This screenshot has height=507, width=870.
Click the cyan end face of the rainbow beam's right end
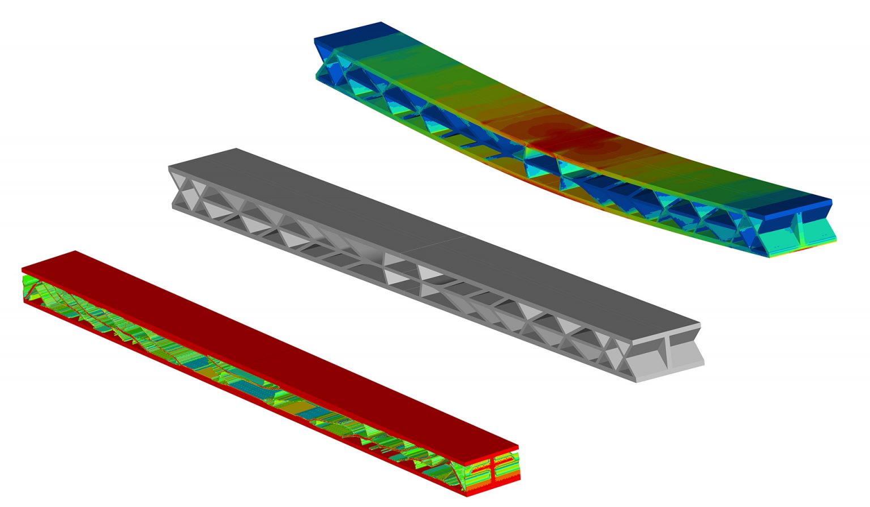816,232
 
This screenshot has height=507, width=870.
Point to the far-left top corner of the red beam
76,251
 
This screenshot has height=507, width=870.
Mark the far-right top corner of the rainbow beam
831,200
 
